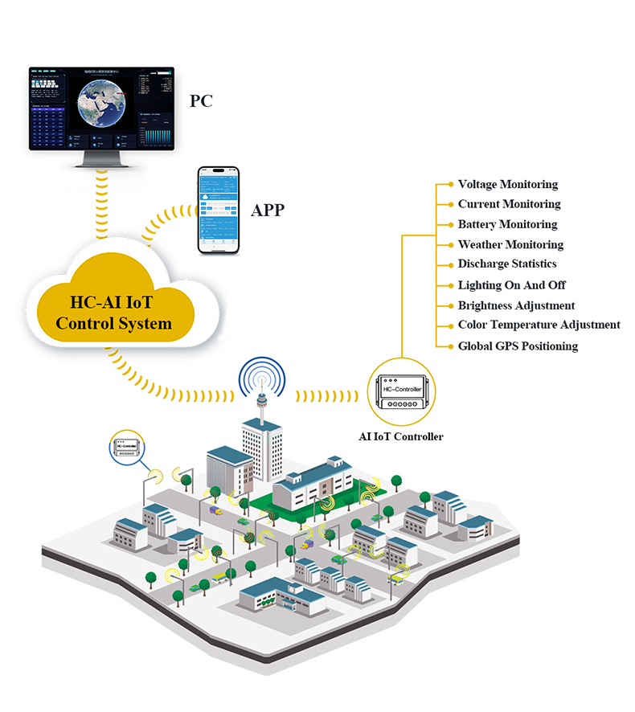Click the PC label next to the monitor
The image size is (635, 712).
(x=202, y=100)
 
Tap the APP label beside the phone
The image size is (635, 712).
(x=268, y=211)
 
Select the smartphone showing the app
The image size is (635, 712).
(x=219, y=211)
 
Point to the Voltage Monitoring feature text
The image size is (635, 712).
(x=507, y=184)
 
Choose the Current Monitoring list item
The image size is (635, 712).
(x=509, y=204)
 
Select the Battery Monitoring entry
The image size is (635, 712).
(x=507, y=224)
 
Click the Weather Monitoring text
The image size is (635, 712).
(x=510, y=244)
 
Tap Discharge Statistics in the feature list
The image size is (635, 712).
(x=506, y=264)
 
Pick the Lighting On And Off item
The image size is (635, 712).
(x=511, y=285)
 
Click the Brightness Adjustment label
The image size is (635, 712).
(x=516, y=305)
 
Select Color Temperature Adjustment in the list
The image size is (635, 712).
(x=539, y=325)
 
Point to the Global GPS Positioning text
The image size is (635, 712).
(x=518, y=346)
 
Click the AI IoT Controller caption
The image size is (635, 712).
(x=400, y=437)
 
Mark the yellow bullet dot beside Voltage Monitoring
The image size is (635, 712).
(x=450, y=184)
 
